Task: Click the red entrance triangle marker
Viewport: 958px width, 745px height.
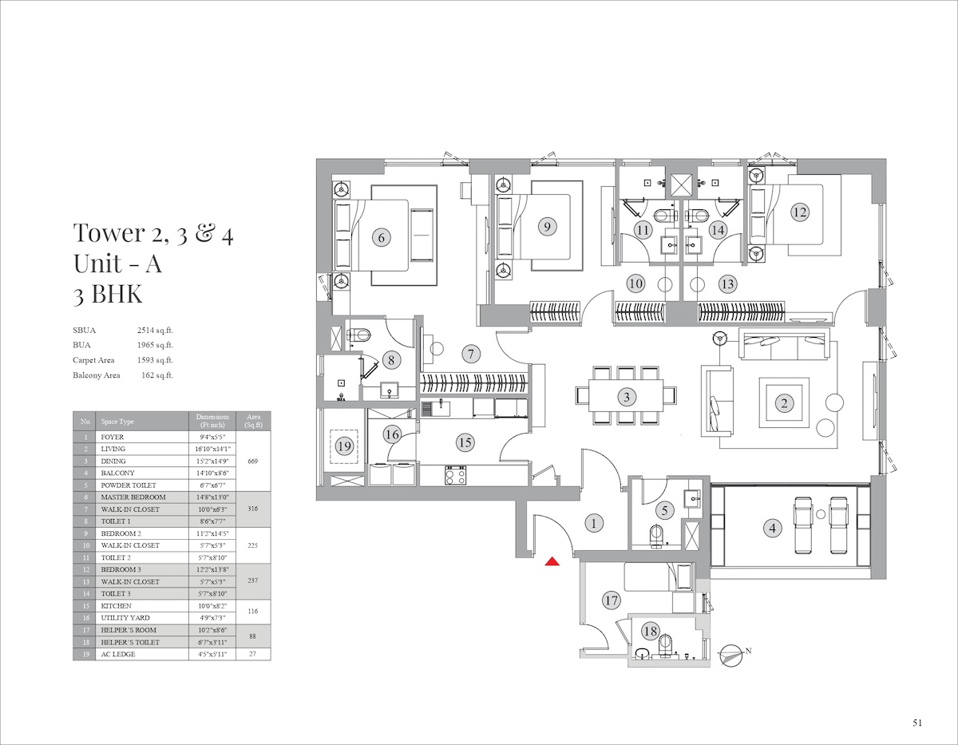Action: pos(552,561)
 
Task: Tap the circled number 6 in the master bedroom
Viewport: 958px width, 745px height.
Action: pos(382,238)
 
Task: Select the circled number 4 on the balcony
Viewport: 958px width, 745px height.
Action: pos(773,528)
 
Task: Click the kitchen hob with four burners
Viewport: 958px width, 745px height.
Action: pos(456,475)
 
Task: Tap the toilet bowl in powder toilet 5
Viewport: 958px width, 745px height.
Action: pos(656,536)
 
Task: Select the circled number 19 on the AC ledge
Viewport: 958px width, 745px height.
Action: pos(344,446)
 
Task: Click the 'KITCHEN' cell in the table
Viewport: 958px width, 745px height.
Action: pos(117,606)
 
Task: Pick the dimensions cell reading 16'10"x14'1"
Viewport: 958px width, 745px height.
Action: pos(212,449)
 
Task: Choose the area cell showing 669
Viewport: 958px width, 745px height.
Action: pos(252,461)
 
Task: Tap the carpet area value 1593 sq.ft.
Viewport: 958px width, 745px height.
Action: pos(155,360)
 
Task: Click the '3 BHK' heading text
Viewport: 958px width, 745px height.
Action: pos(108,293)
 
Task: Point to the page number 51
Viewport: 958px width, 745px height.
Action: pos(917,723)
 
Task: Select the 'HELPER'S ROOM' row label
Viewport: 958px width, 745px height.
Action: pos(129,630)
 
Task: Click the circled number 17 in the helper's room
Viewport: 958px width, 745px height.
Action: pos(611,600)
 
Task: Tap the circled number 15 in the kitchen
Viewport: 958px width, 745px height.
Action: pos(465,442)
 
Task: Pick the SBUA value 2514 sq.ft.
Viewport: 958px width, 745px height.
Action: pos(155,331)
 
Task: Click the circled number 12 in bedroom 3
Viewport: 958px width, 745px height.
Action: pos(800,212)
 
